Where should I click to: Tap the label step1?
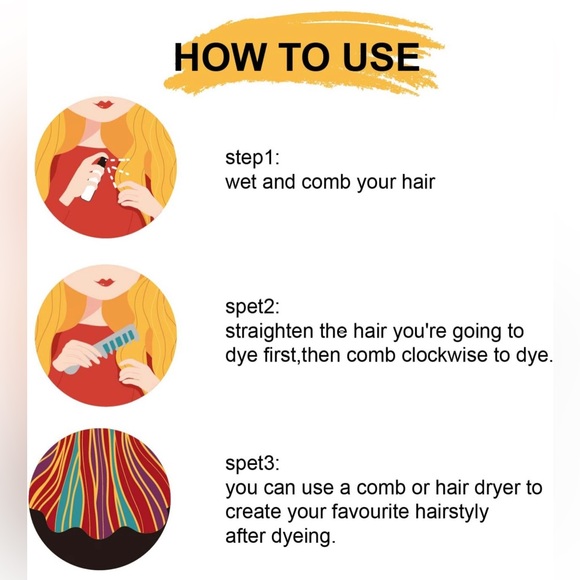point(253,158)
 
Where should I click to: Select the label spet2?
point(253,307)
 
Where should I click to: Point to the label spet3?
point(253,463)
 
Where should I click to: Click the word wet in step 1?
point(241,182)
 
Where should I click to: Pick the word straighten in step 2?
point(269,331)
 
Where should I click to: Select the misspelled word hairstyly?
point(451,512)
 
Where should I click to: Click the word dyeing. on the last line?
point(303,536)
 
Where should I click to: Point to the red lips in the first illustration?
point(104,104)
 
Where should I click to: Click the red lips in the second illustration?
point(105,283)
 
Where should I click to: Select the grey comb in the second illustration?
point(102,348)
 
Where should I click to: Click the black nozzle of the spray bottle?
point(102,161)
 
